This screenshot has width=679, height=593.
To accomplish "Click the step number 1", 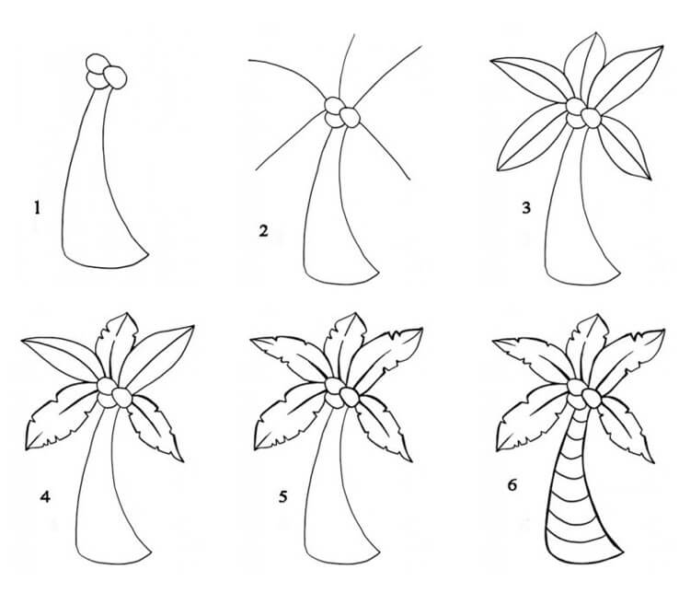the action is (x=37, y=207).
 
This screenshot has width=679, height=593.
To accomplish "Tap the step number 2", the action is (x=264, y=230).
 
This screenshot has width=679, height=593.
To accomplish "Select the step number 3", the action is (x=525, y=208).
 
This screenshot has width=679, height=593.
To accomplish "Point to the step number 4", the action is (x=45, y=496).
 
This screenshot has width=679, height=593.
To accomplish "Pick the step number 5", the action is (x=282, y=496).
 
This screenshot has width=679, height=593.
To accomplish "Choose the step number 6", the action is (x=512, y=484).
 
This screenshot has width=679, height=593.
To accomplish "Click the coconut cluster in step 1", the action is (x=106, y=72).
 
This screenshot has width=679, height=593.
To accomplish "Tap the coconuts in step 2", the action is (x=342, y=112).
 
